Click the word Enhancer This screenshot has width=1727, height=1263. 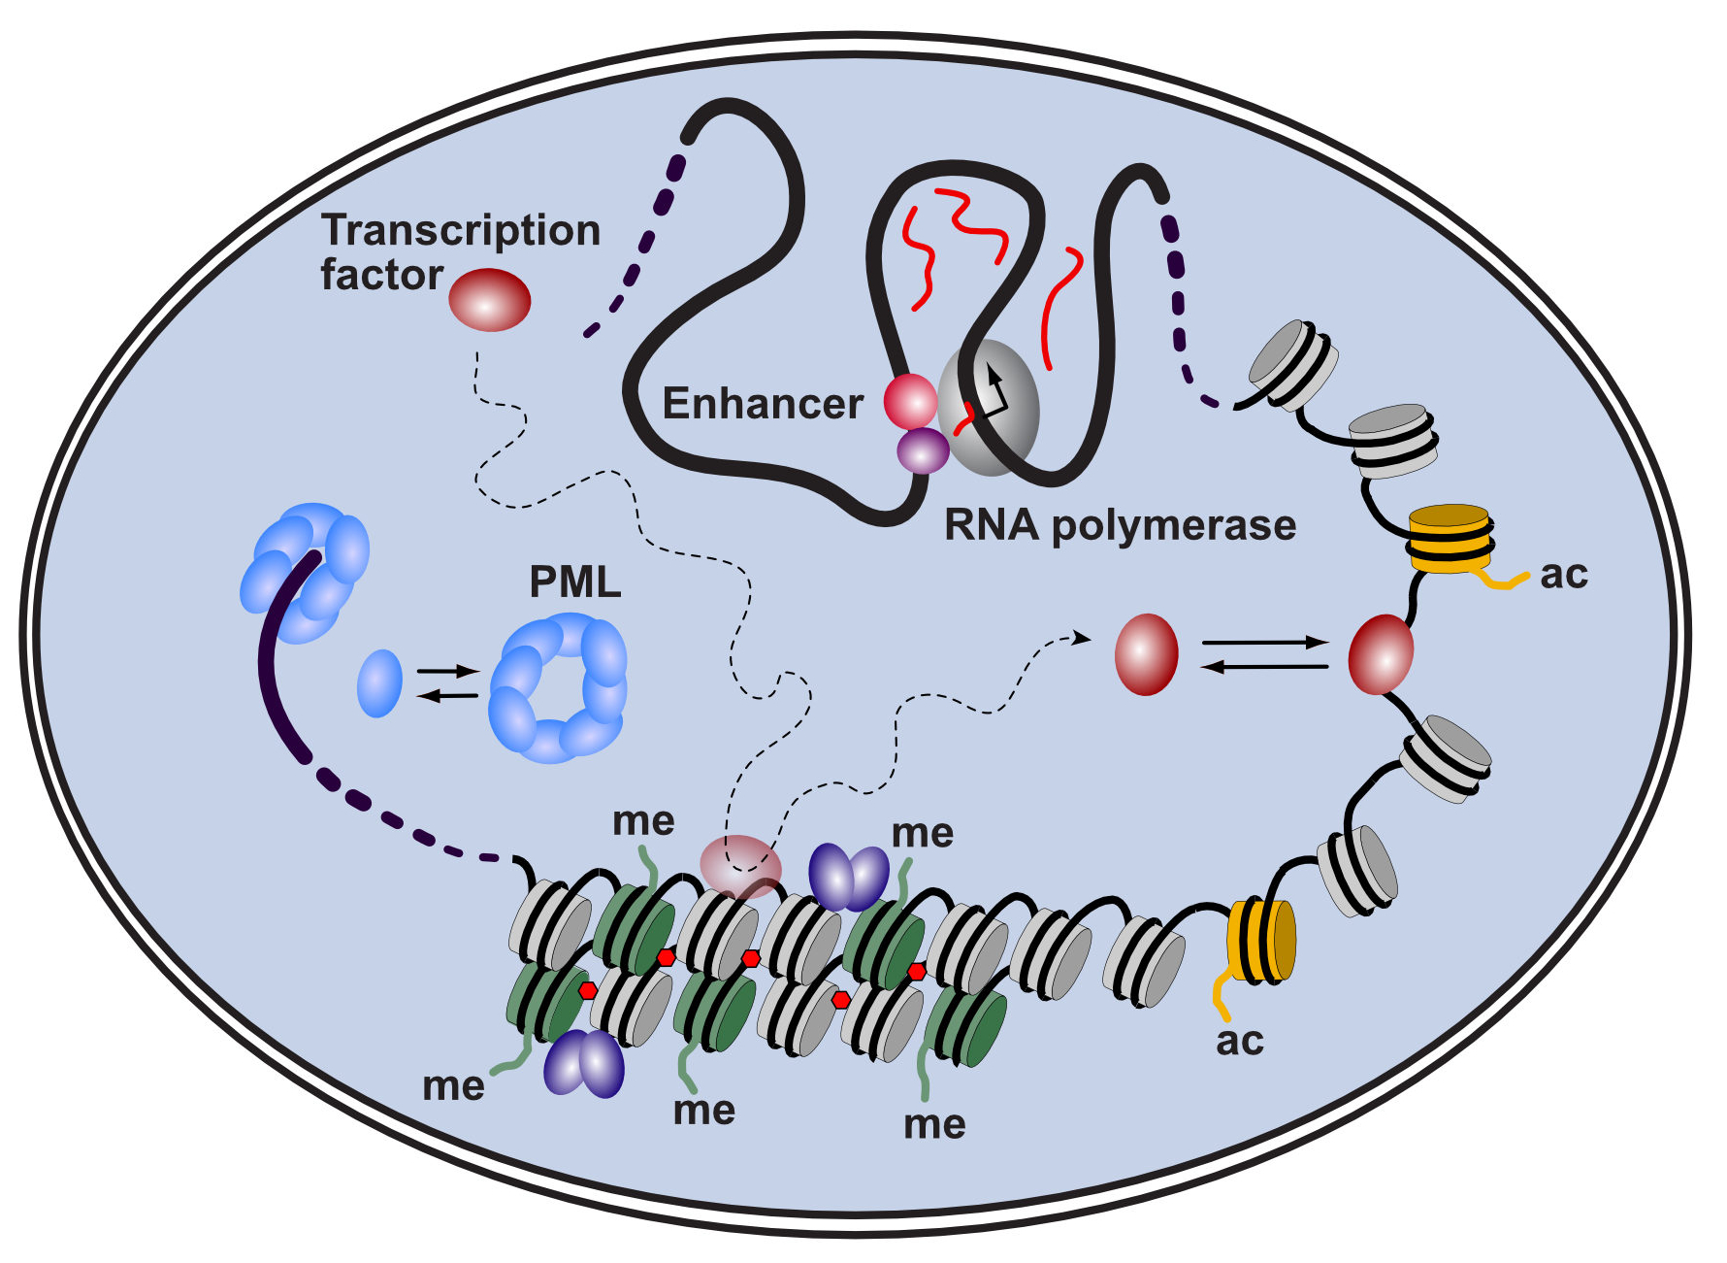tap(762, 404)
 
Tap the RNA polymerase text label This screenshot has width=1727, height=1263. tap(1120, 525)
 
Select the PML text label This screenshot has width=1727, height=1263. tap(574, 582)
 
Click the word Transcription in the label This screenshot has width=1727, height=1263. tap(461, 230)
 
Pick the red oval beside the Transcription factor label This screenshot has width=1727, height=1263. tap(490, 300)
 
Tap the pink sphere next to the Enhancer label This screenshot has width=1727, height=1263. tap(910, 401)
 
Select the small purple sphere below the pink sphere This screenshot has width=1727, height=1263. tap(923, 451)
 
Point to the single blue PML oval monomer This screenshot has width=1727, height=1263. tap(379, 683)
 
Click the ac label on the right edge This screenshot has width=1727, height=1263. tap(1564, 574)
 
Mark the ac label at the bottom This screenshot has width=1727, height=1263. tap(1239, 1041)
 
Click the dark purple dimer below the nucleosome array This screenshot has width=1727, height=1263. tap(583, 1064)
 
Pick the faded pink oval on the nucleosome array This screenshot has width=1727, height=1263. tap(740, 866)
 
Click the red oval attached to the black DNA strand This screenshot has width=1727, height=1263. tap(1381, 654)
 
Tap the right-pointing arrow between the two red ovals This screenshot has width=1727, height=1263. tap(1264, 643)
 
